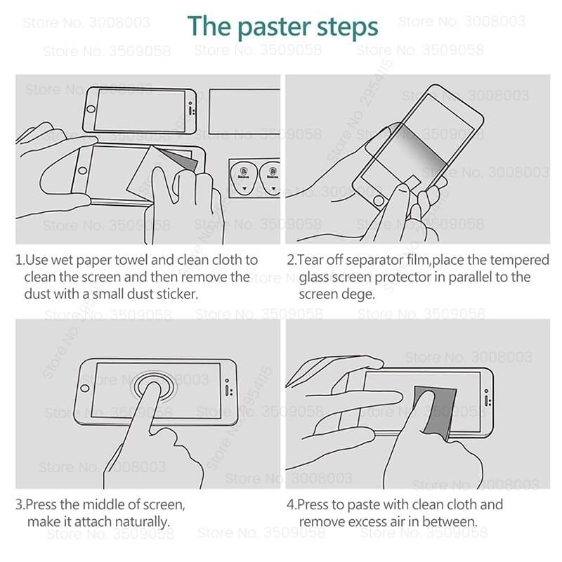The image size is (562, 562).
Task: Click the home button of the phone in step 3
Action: (85, 387)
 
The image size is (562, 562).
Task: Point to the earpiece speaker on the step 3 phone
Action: (226, 387)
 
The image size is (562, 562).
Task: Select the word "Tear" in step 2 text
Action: (311, 261)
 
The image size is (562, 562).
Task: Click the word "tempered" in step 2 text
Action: (521, 261)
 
